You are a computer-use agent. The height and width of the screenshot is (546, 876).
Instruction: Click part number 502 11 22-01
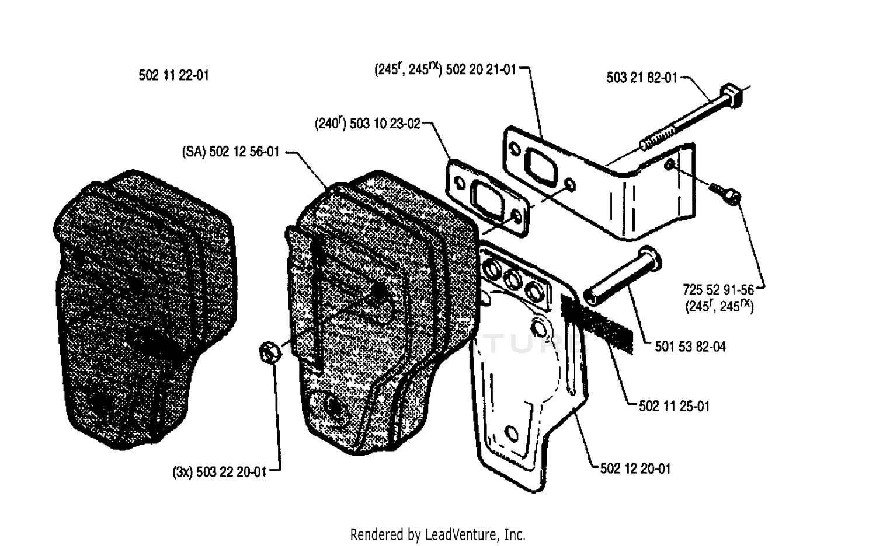[x=173, y=75]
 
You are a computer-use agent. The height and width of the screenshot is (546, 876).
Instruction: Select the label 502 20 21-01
[x=481, y=69]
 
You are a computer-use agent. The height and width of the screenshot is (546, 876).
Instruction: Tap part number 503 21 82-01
[x=642, y=78]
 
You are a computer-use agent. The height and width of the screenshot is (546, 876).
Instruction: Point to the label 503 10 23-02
[x=385, y=124]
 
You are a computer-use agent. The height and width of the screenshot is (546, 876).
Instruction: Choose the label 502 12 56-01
[x=244, y=152]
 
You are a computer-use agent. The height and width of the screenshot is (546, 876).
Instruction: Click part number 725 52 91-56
[x=718, y=290]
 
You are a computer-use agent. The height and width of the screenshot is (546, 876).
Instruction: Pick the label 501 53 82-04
[x=690, y=346]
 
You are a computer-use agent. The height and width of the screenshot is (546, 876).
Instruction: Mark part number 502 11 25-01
[x=674, y=406]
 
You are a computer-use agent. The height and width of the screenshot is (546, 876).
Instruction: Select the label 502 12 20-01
[x=635, y=468]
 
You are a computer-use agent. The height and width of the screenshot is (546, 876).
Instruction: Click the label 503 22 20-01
[x=231, y=472]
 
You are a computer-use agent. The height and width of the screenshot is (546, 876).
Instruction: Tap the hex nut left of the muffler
[x=270, y=352]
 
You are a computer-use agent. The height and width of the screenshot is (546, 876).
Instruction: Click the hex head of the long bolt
[x=730, y=96]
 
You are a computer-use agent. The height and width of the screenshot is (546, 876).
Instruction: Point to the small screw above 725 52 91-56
[x=725, y=193]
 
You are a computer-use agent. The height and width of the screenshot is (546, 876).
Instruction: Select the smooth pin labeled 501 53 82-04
[x=622, y=275]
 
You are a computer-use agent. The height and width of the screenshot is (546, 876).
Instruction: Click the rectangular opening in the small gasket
[x=487, y=203]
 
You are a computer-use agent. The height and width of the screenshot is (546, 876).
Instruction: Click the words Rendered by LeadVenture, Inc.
[x=437, y=534]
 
